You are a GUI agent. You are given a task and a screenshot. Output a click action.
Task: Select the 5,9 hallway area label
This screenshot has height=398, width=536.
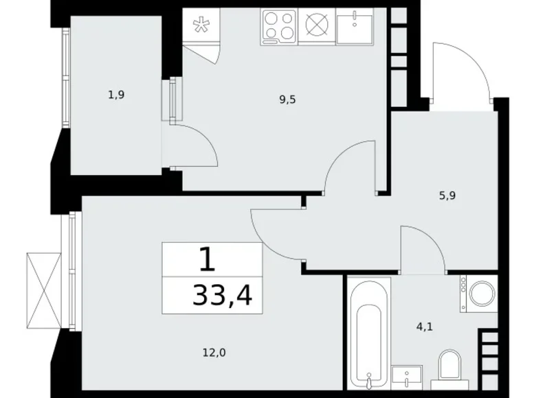click(x=447, y=195)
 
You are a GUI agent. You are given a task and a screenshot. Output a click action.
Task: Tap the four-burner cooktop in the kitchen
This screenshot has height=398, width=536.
click(x=280, y=27)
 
